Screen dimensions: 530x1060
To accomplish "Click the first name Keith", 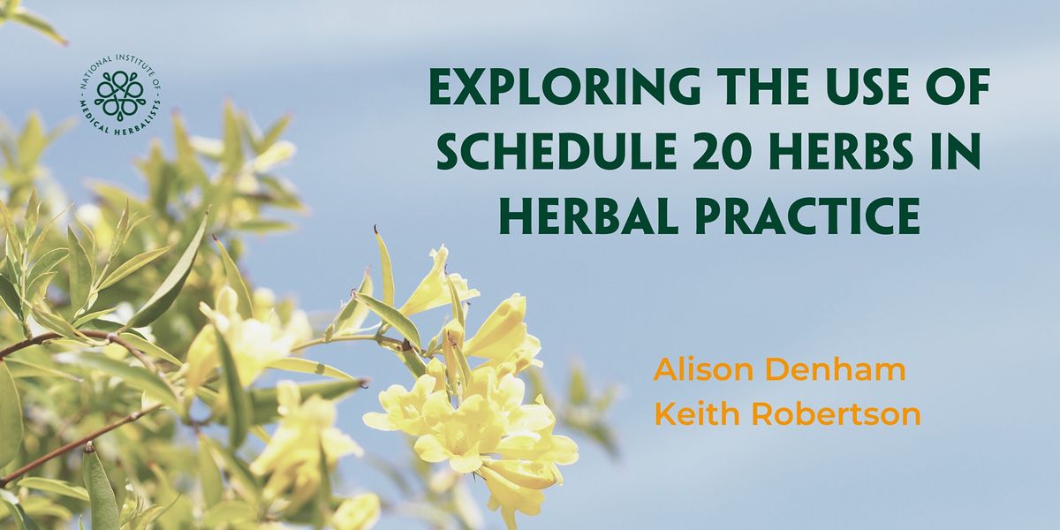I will [x=690, y=413].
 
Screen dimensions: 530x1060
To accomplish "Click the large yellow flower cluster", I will [x=468, y=415].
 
